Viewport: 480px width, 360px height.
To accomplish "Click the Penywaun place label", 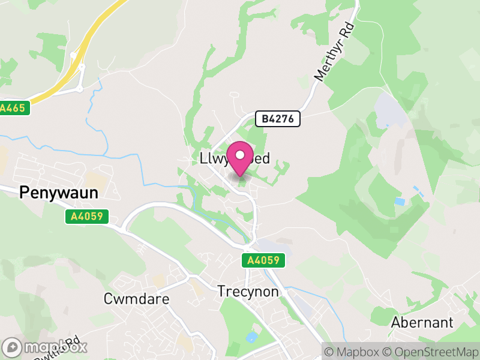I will (59, 192).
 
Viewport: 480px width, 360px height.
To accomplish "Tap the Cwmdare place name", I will (136, 299).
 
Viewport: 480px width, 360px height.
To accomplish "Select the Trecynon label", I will (248, 292).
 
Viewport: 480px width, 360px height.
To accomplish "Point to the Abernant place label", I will (422, 322).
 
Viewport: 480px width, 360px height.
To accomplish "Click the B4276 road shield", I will (277, 119).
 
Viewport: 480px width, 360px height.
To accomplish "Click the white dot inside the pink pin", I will (240, 155).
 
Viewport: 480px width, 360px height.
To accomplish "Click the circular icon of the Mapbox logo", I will (13, 347).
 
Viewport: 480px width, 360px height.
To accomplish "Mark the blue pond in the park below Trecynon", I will (250, 337).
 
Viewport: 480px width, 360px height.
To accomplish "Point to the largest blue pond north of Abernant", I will (400, 201).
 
